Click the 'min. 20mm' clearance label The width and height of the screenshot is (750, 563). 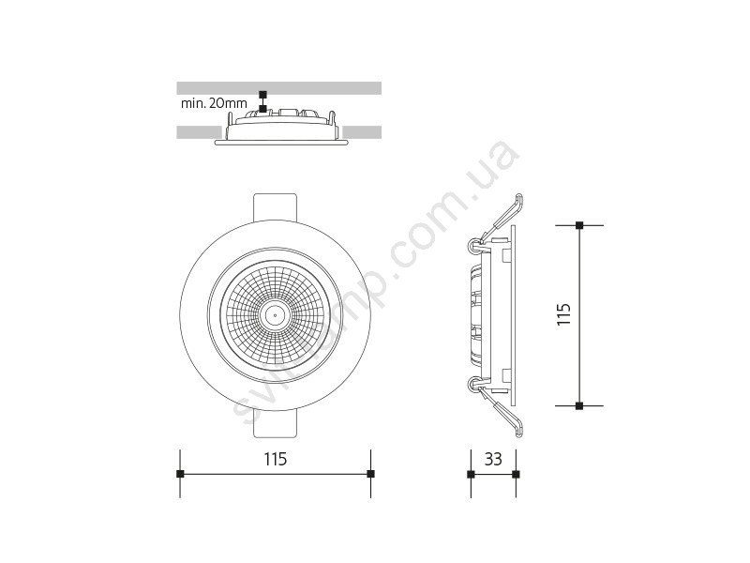(214, 103)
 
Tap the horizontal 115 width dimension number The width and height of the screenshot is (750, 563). (276, 459)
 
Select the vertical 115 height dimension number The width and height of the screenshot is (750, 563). (564, 314)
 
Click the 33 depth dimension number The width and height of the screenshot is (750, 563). (493, 459)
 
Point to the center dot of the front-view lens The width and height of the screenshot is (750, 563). (276, 315)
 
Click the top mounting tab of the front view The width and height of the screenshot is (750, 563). (275, 206)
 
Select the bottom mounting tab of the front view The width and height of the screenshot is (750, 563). (275, 423)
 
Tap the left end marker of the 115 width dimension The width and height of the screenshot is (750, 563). (180, 474)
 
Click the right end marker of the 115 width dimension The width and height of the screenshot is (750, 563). (370, 474)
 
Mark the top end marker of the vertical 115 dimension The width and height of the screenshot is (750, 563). (579, 225)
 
